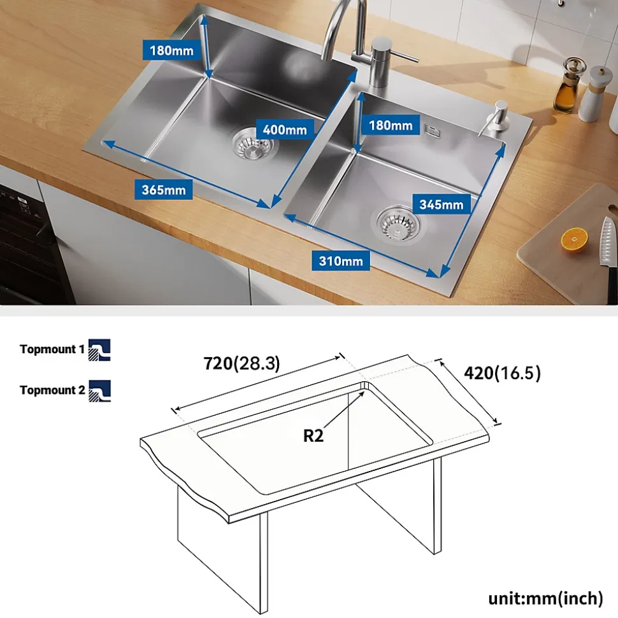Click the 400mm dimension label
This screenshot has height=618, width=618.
(x=285, y=129)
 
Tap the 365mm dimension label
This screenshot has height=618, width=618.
(x=163, y=190)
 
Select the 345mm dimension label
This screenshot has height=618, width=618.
(x=442, y=204)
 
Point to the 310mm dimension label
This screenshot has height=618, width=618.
(x=341, y=260)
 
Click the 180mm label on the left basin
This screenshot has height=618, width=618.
(x=171, y=50)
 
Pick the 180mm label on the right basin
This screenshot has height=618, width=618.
(x=391, y=125)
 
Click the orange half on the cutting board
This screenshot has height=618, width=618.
(x=574, y=240)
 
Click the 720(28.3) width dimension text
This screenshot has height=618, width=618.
(x=241, y=363)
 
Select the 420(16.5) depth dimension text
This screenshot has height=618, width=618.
(x=502, y=372)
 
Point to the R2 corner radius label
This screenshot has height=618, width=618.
(x=313, y=435)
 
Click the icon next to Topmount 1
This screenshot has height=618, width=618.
(x=99, y=349)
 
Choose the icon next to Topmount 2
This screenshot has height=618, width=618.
(x=99, y=391)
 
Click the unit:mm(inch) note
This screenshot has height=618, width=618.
(x=546, y=598)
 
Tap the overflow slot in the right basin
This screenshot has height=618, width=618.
(x=432, y=130)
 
